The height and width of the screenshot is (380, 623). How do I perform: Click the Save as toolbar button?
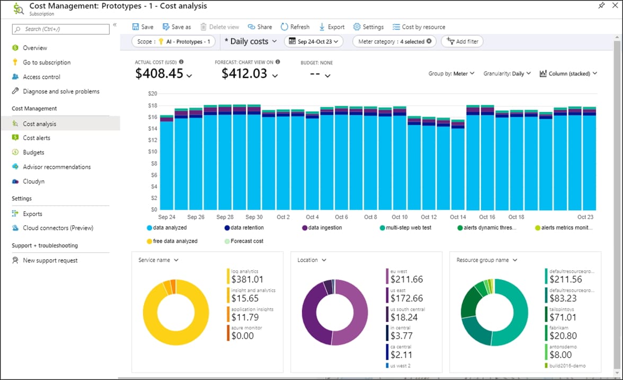pyautogui.click(x=176, y=27)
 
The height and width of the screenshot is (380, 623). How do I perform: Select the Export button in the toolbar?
pyautogui.click(x=332, y=27)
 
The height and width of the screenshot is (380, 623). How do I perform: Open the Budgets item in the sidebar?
pyautogui.click(x=33, y=152)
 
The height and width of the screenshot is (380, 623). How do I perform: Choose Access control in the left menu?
pyautogui.click(x=41, y=77)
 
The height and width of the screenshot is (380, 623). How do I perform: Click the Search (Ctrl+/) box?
pyautogui.click(x=61, y=29)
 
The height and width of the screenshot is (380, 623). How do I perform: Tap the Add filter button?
pyautogui.click(x=462, y=41)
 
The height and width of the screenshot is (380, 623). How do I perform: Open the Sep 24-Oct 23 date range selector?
pyautogui.click(x=314, y=41)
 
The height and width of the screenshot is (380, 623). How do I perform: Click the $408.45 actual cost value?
pyautogui.click(x=159, y=74)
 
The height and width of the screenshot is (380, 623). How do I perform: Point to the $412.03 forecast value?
pyautogui.click(x=244, y=74)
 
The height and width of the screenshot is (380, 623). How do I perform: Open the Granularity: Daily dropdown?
pyautogui.click(x=506, y=74)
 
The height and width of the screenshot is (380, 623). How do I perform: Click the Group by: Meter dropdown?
pyautogui.click(x=451, y=74)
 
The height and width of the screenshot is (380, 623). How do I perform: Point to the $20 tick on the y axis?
pyautogui.click(x=153, y=93)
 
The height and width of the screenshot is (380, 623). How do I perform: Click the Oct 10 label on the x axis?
pyautogui.click(x=399, y=217)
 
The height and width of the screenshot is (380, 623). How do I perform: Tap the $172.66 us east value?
pyautogui.click(x=406, y=298)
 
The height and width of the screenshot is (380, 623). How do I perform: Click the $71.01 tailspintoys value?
pyautogui.click(x=563, y=317)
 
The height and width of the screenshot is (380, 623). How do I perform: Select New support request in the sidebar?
pyautogui.click(x=50, y=260)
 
